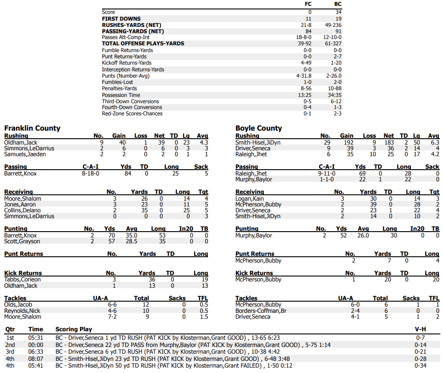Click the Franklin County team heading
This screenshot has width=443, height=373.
pos(32,128)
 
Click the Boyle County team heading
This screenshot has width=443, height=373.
pos(258,128)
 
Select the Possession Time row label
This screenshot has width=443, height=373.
pos(121,95)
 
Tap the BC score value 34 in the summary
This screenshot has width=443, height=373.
pos(338,12)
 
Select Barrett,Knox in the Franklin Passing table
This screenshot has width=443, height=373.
pos(20,173)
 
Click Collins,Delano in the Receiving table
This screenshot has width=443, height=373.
pos(22,210)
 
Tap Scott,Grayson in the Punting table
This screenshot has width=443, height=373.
pos(22,241)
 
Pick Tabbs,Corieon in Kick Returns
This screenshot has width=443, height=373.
pos(22,279)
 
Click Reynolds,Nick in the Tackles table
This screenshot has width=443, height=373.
pos(22,311)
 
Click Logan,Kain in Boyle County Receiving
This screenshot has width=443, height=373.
pos(250,198)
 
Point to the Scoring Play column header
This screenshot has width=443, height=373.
pos(74,329)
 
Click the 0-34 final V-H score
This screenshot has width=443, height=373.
pos(421,366)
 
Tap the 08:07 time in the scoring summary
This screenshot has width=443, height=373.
pos(35,360)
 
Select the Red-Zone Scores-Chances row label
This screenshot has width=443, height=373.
pos(132,114)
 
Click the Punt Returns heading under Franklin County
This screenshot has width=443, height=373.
pos(24,254)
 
